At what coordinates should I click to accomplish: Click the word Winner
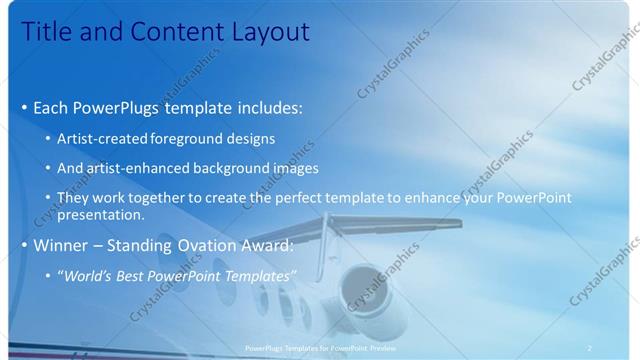[x=62, y=245]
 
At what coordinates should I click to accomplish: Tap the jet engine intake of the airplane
[x=364, y=289]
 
